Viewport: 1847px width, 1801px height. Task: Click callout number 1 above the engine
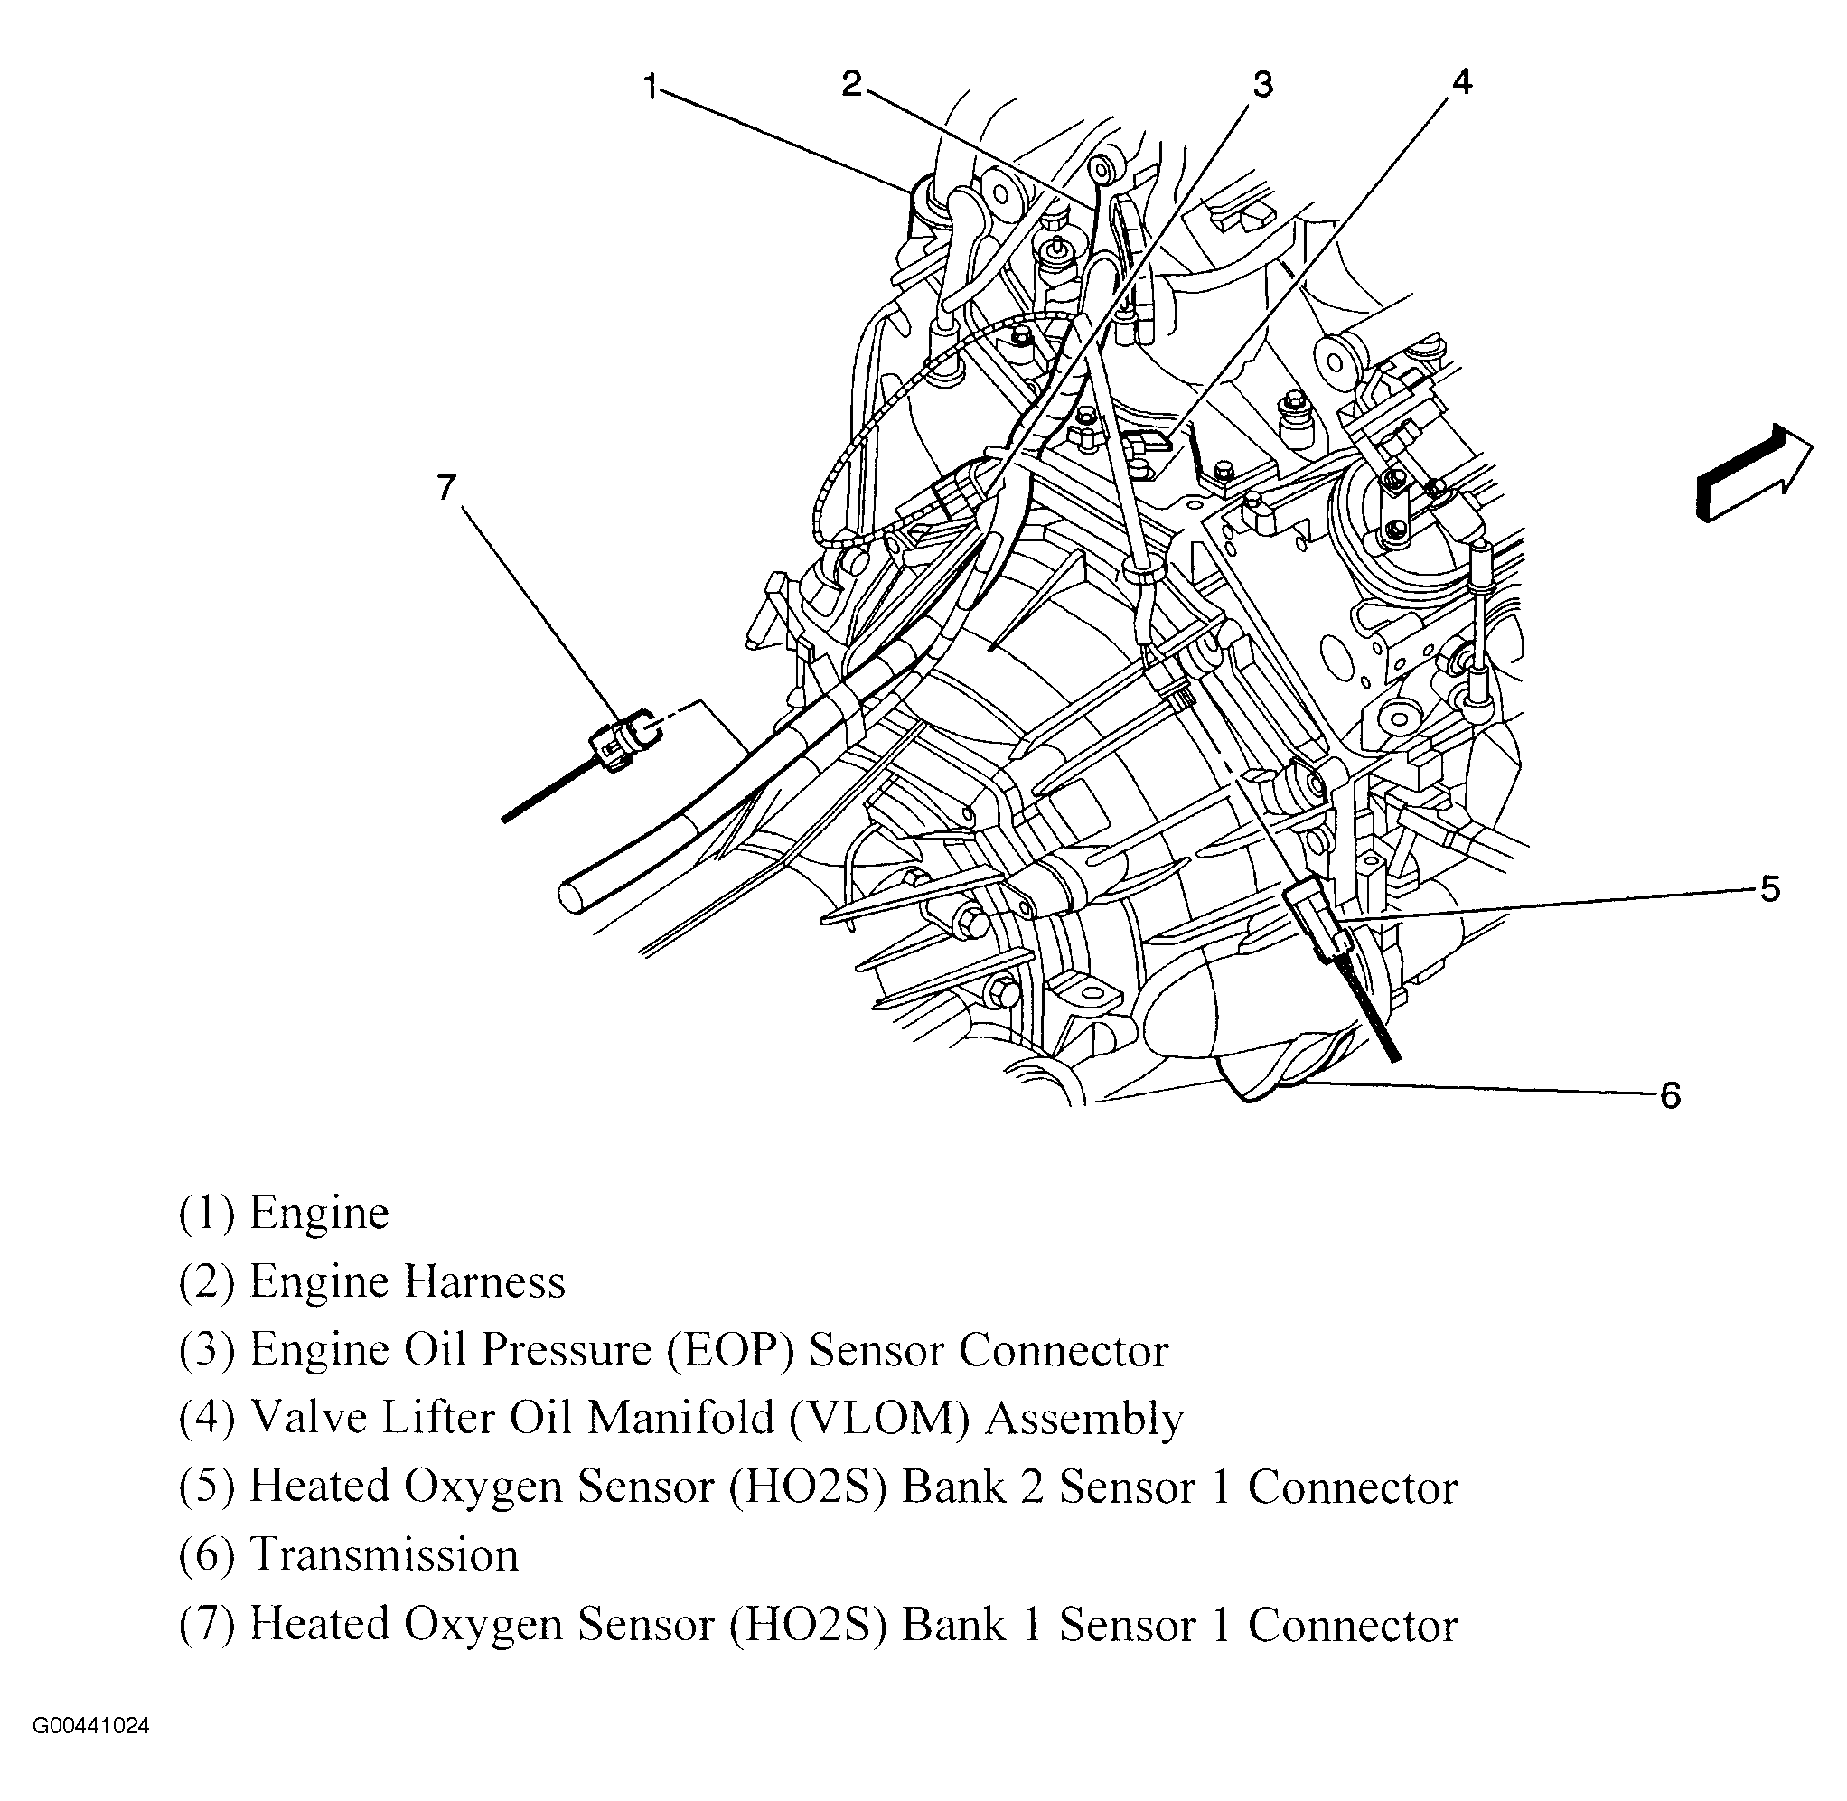coord(650,87)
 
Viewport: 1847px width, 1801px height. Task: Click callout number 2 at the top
coord(852,84)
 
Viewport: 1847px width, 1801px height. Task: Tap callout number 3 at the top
coord(1262,84)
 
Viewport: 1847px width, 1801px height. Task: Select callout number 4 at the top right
coord(1461,82)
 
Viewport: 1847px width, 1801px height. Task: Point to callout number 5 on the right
coord(1768,889)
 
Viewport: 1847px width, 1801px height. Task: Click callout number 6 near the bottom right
coord(1670,1096)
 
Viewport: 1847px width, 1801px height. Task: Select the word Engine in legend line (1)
coord(319,1214)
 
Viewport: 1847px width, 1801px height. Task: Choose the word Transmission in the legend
coord(384,1555)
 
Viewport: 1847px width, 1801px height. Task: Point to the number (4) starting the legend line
coord(206,1419)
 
